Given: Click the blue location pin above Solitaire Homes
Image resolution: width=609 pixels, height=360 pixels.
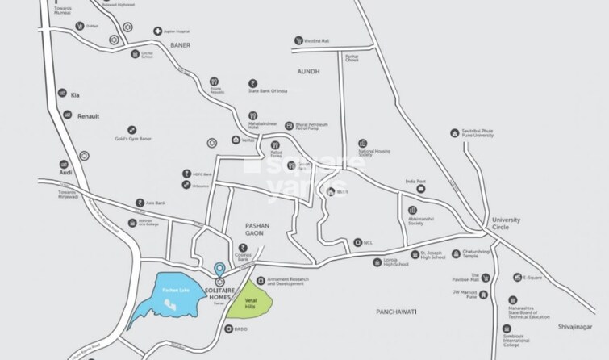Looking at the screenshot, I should pos(219,270).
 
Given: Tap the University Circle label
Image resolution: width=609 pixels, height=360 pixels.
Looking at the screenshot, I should pos(507,224).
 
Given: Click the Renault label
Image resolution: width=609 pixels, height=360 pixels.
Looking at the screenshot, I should pos(88,116).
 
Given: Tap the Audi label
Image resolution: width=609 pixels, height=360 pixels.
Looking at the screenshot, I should pos(65,173).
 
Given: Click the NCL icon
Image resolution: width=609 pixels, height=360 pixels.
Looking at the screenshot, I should pos(358,241).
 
